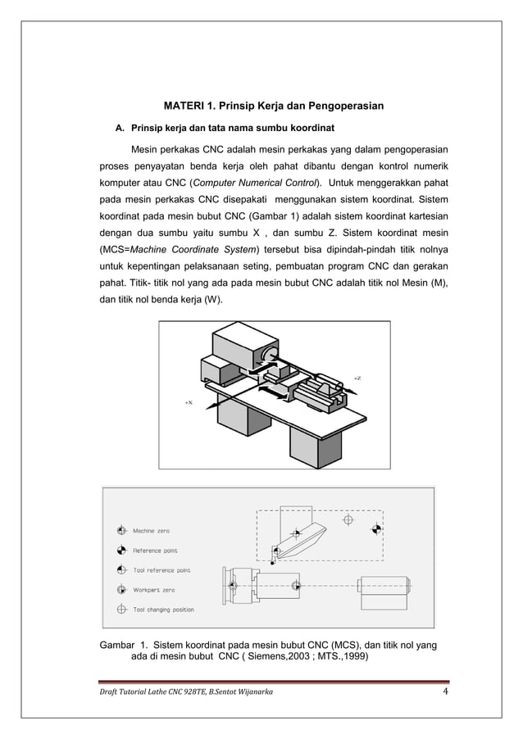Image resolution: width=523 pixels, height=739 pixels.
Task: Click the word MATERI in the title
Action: click(184, 107)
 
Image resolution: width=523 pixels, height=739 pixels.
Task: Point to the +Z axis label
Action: click(357, 378)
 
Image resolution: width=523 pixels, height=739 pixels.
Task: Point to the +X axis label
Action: click(188, 402)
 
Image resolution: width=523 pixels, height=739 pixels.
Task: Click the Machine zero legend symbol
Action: click(121, 531)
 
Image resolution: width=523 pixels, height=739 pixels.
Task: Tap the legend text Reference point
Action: click(155, 551)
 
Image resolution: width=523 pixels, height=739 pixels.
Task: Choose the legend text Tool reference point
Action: click(161, 570)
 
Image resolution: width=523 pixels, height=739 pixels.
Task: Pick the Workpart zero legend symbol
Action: click(121, 590)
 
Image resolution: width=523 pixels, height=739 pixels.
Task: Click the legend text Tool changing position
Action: click(163, 610)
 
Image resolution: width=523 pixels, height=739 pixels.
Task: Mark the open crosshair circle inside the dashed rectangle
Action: click(348, 520)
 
